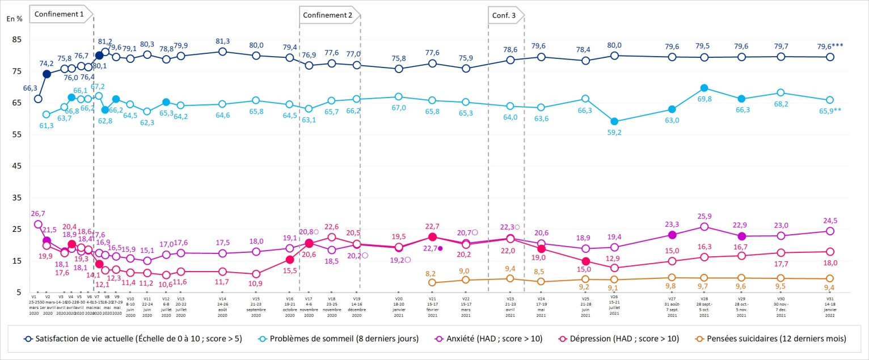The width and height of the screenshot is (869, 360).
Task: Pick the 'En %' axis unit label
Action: [x=14, y=19]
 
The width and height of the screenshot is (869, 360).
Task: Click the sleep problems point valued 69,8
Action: [x=705, y=88]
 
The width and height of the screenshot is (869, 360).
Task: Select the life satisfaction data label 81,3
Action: [x=223, y=41]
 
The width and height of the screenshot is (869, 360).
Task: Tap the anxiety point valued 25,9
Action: [x=705, y=227]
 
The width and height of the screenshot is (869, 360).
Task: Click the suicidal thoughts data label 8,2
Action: [x=432, y=273]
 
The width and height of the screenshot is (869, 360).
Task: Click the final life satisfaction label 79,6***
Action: [x=830, y=46]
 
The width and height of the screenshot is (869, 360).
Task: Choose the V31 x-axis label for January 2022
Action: [x=829, y=306]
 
